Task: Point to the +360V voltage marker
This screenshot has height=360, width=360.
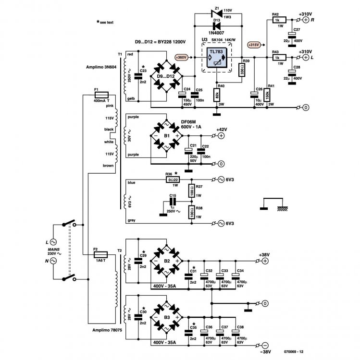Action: coord(181,58)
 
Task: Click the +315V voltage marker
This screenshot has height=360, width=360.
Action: coord(255,45)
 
